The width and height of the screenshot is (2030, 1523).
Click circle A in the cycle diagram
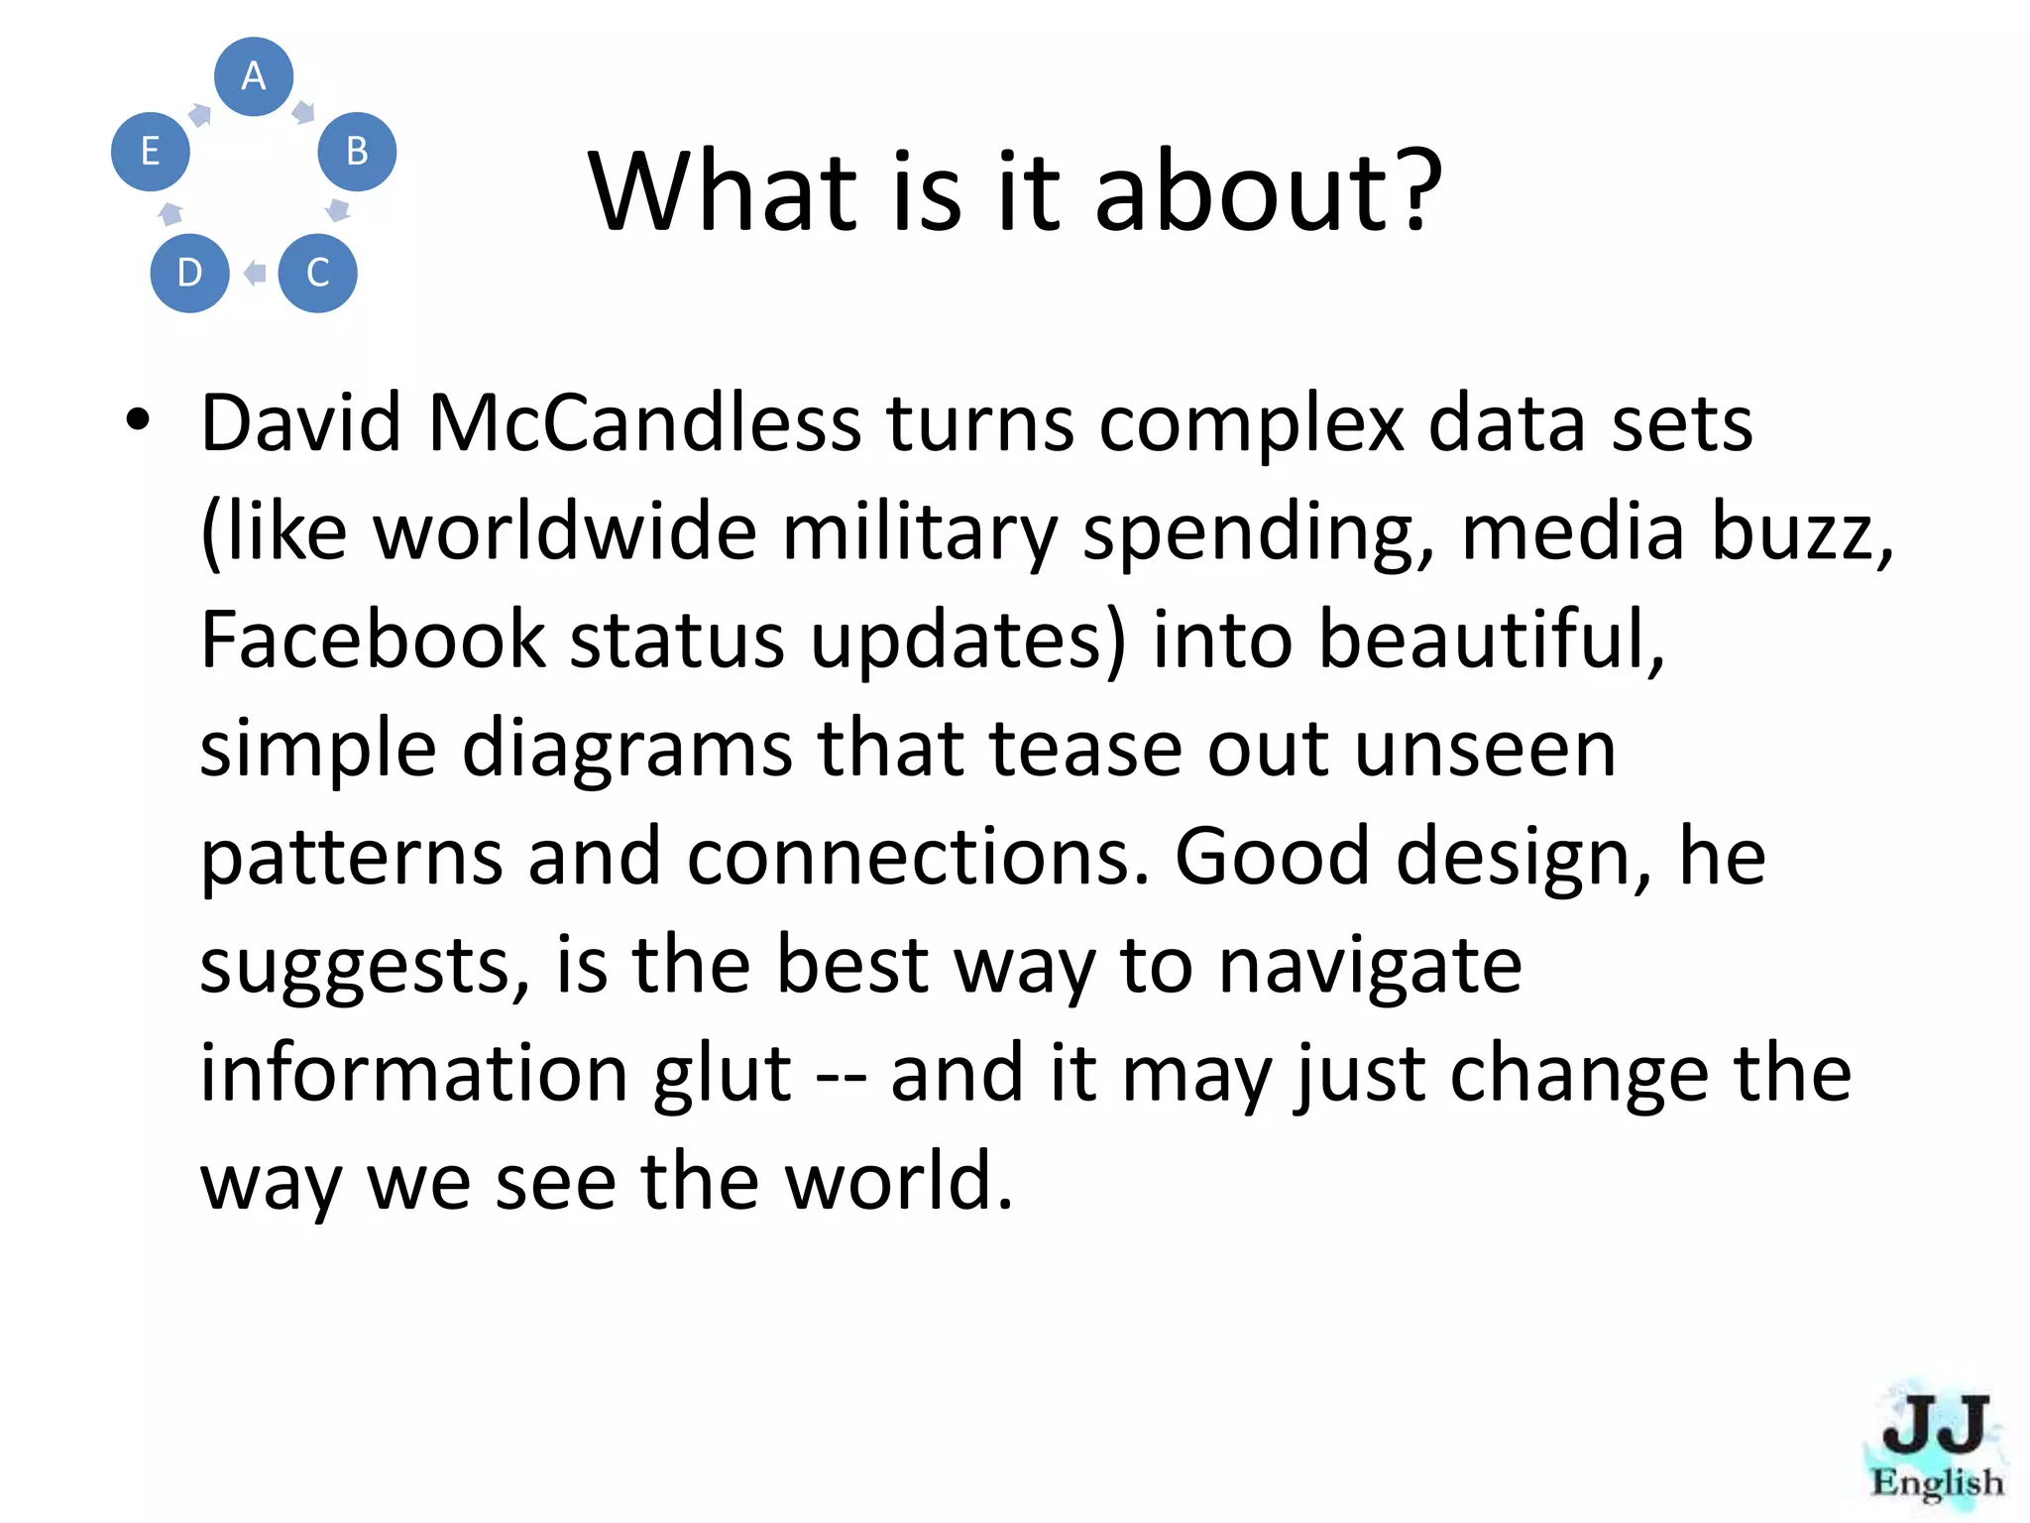254,76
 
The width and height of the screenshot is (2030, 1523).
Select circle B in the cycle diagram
357,152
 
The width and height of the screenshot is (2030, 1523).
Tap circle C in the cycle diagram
317,273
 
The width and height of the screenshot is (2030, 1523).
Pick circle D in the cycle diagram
189,273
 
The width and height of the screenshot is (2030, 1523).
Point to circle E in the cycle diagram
150,152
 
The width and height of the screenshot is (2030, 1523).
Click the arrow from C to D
255,273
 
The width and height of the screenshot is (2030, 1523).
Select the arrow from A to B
303,111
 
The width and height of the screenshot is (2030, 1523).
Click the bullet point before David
138,420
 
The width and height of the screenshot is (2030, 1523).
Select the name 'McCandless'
644,424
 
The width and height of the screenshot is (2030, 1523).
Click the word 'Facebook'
373,641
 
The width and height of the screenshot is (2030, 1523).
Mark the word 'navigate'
1370,967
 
